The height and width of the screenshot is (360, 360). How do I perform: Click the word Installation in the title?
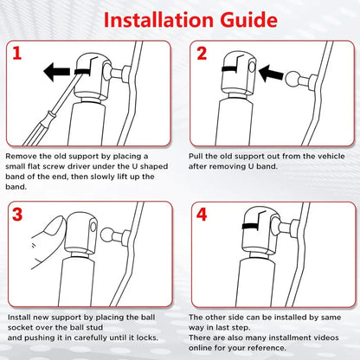(x=158, y=20)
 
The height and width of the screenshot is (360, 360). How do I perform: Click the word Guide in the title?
(x=248, y=20)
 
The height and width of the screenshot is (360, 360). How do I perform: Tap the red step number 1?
(x=17, y=53)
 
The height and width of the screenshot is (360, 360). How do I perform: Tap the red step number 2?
(x=202, y=53)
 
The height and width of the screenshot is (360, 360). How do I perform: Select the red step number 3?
(x=17, y=215)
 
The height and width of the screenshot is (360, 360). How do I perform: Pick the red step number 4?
(x=202, y=215)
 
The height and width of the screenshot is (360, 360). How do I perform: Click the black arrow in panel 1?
(x=57, y=72)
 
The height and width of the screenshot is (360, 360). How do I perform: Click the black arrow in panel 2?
(x=271, y=74)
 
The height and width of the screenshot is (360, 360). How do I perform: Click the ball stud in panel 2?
(x=292, y=80)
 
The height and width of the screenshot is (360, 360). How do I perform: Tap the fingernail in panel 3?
(x=55, y=226)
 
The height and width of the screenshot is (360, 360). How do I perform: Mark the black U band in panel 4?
(x=252, y=226)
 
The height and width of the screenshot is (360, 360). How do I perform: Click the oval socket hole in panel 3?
(x=93, y=227)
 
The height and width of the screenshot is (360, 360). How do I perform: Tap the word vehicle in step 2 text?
(x=331, y=156)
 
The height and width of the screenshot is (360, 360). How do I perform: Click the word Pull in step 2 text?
(x=196, y=156)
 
